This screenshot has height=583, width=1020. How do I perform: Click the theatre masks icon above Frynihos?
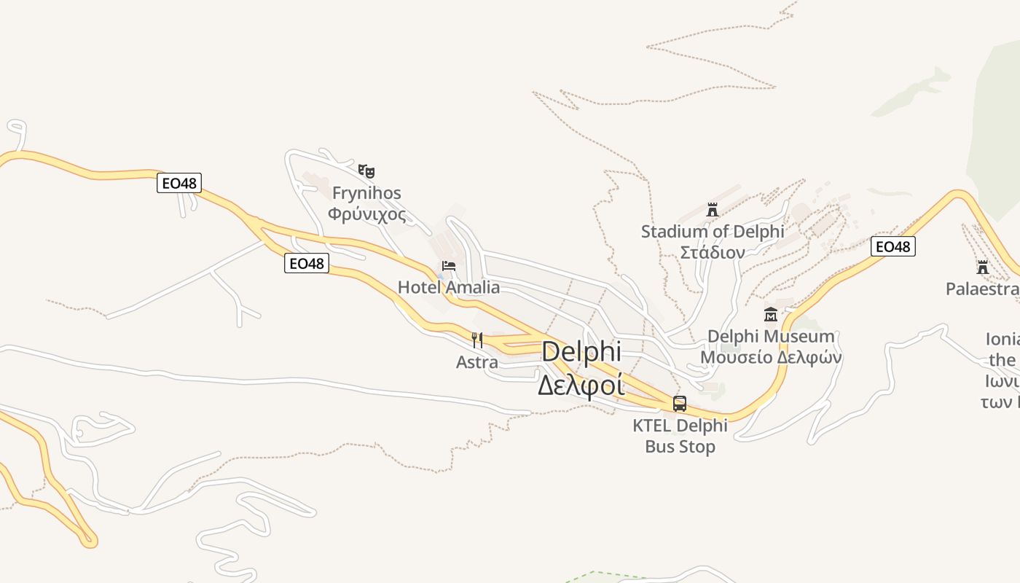coord(366,171)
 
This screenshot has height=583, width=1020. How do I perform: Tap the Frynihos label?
coord(366,193)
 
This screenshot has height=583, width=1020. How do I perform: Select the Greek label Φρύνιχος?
coord(366,214)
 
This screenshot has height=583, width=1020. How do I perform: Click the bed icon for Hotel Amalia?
coord(449,265)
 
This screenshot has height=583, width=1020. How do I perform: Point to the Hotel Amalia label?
coord(449,287)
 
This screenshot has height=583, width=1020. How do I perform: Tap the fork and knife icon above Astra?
coord(477,340)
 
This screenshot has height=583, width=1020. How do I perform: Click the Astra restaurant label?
coord(477,362)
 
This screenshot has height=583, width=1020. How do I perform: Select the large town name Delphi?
coord(581,351)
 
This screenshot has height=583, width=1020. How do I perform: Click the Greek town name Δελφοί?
coord(581,384)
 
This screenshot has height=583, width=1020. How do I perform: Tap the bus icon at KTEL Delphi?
coord(680,403)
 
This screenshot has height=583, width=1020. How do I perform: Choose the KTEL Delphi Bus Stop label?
coord(680,436)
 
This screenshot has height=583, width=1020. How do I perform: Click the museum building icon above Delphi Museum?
coord(771,315)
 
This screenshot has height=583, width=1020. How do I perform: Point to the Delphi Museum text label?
coord(771,337)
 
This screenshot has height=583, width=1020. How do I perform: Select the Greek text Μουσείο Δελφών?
coord(771,358)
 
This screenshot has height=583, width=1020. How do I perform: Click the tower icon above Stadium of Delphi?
coord(713,210)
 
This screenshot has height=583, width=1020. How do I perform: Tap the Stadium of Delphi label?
coord(713,232)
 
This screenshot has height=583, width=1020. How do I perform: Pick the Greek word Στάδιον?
coord(713,253)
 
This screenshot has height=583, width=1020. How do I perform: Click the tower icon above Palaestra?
coord(983,267)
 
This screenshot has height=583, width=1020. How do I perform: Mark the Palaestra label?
coord(981,289)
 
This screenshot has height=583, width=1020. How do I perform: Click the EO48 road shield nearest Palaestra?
coord(893,246)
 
